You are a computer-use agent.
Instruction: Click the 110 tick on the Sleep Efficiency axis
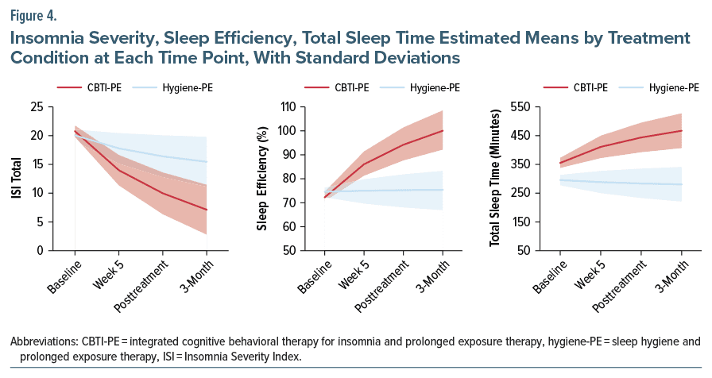[x=301, y=106]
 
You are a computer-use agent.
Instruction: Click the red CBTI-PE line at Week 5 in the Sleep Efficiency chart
[x=362, y=164]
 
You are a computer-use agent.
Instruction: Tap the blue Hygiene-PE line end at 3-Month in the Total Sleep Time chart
[x=681, y=184]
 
